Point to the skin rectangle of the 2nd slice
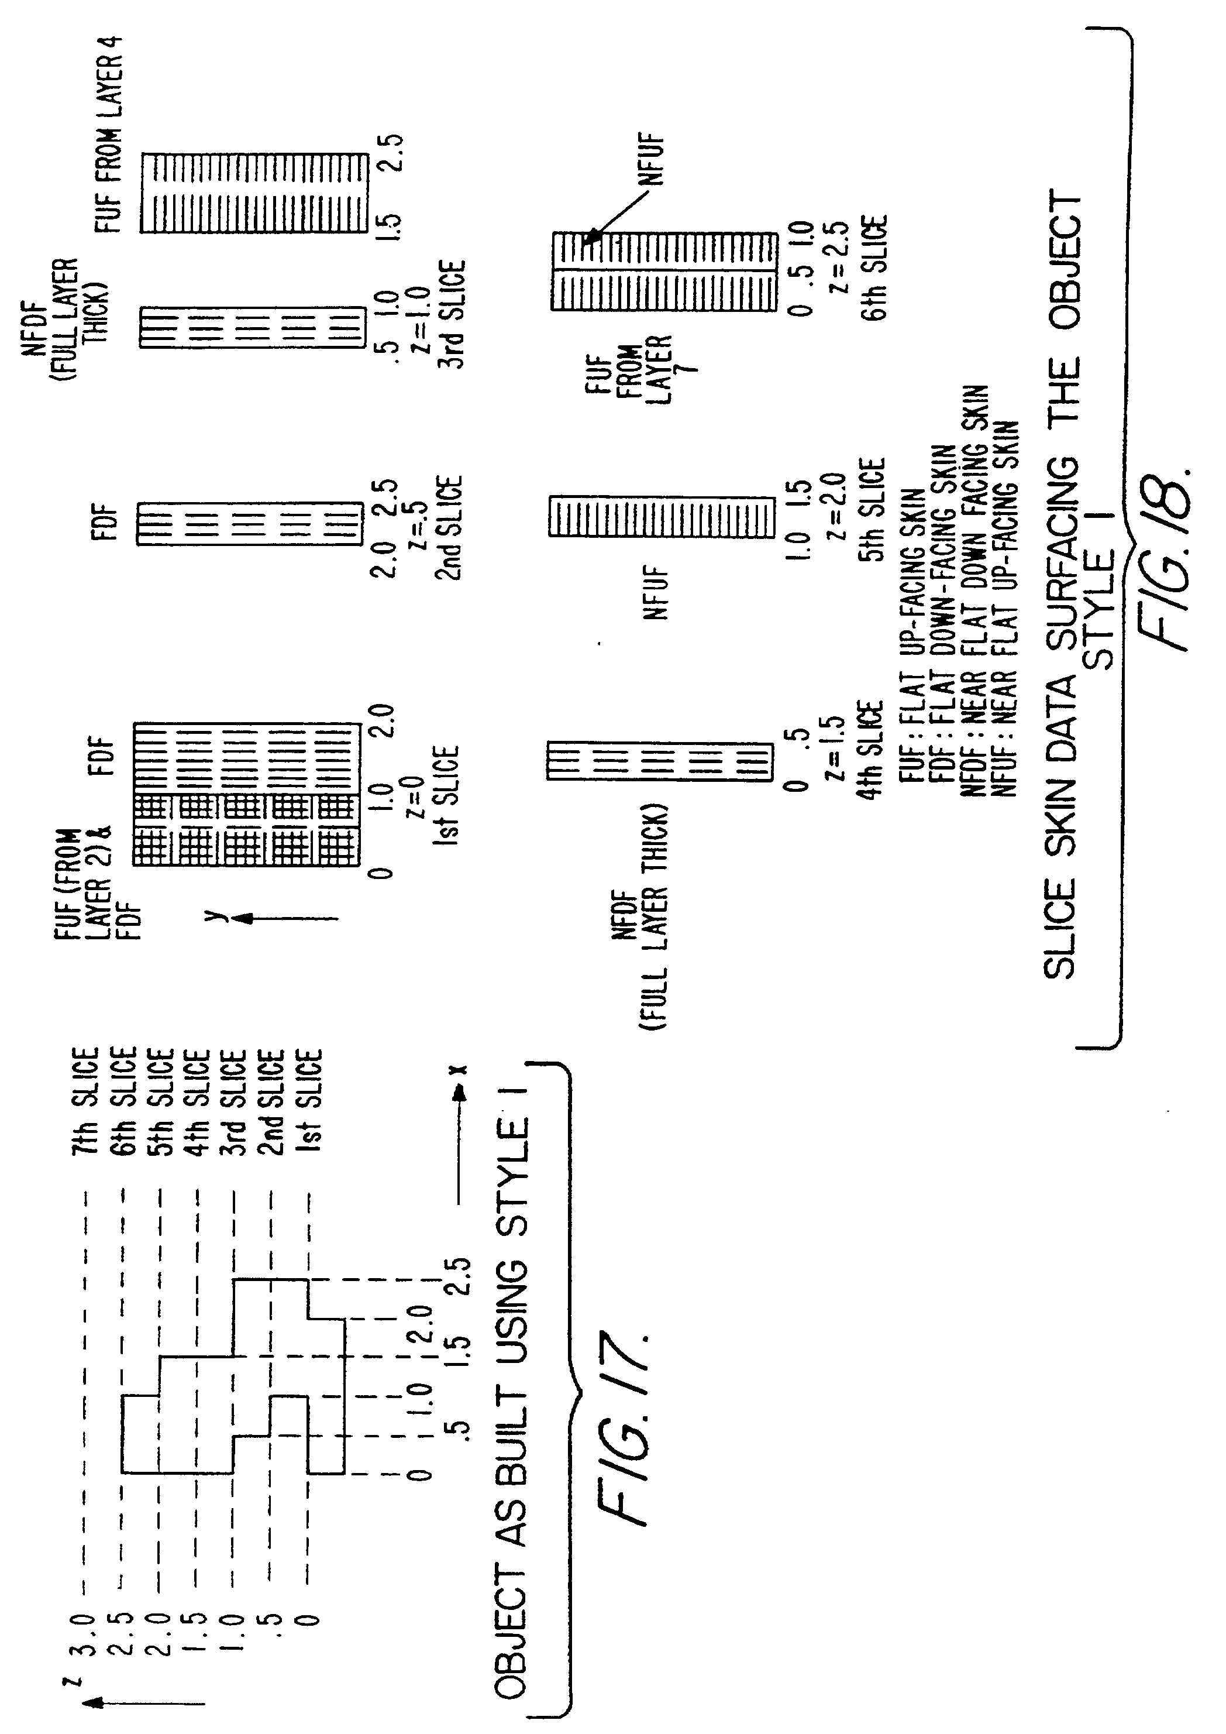[249, 523]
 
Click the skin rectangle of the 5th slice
[662, 517]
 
